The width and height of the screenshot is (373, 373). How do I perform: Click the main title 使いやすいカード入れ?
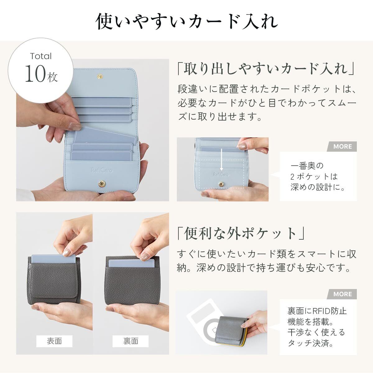coord(186,21)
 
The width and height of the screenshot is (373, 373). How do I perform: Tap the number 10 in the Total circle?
coord(35,74)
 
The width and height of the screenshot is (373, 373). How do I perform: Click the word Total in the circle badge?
coord(41,56)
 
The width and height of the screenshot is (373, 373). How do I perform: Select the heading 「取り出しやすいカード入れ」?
coord(266,69)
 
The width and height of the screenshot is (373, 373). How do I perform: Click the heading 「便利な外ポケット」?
coord(241,234)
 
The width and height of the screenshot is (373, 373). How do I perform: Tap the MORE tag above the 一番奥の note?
coord(343,146)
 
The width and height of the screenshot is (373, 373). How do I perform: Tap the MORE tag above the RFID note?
coord(343,294)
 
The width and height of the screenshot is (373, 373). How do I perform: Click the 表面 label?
coord(54,341)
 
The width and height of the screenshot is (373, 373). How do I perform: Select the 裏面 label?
coord(131,341)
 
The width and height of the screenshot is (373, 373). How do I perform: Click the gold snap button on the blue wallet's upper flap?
coord(100,77)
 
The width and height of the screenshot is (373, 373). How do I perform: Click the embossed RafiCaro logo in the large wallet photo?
coord(101,170)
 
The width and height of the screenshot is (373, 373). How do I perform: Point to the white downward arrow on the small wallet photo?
coord(222,160)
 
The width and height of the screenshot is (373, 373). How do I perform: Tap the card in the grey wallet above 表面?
coord(53,259)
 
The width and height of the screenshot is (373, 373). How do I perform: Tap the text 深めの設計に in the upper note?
coord(315,187)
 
